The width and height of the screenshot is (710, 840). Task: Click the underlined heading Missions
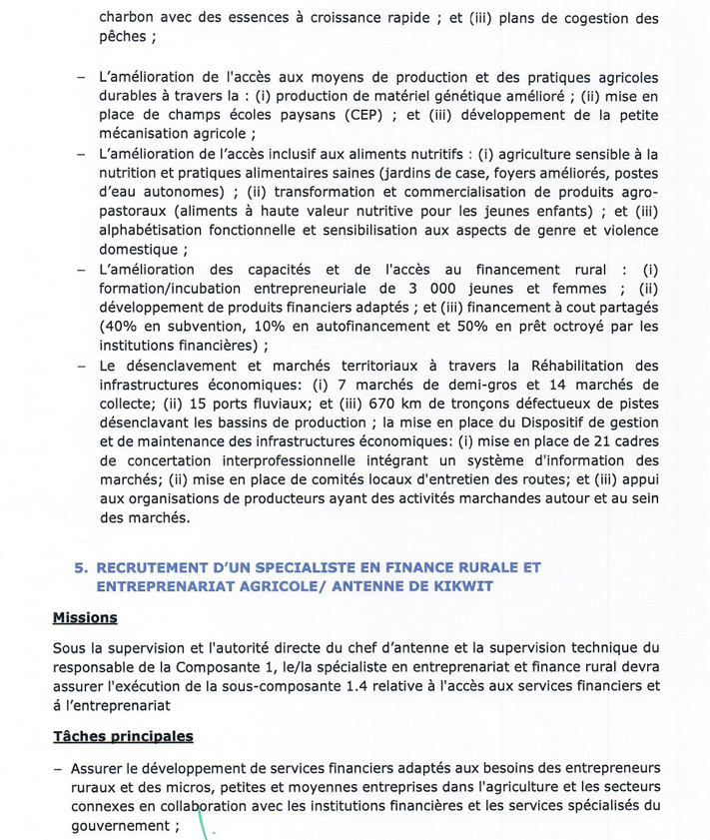pos(85,618)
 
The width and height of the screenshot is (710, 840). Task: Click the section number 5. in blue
pos(81,566)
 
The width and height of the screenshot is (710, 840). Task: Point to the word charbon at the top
pos(129,17)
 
